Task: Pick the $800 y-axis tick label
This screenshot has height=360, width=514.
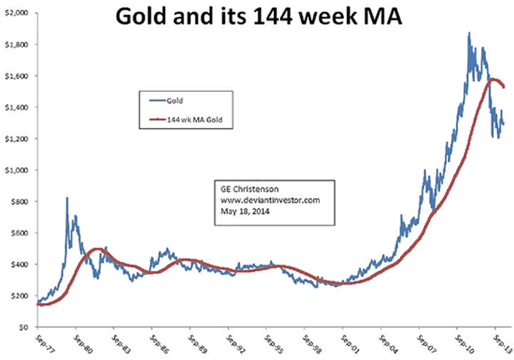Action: (x=18, y=201)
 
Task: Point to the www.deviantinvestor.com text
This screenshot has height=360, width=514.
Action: (x=265, y=200)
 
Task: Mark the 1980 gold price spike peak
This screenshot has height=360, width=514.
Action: (x=67, y=199)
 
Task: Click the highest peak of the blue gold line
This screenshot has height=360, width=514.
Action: (x=468, y=33)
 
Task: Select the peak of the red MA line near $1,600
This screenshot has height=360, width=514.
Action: (x=490, y=80)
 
